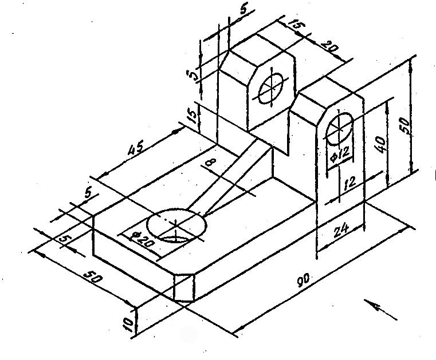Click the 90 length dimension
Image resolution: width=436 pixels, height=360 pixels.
(303, 281)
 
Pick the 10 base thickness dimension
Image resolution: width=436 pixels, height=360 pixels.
(128, 324)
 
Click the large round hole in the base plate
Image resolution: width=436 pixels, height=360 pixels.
(176, 226)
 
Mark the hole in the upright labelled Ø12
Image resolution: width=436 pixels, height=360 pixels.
(340, 129)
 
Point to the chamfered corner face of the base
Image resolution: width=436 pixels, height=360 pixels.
(184, 288)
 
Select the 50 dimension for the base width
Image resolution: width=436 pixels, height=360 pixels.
(92, 280)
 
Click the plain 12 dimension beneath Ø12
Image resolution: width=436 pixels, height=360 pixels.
(350, 183)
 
